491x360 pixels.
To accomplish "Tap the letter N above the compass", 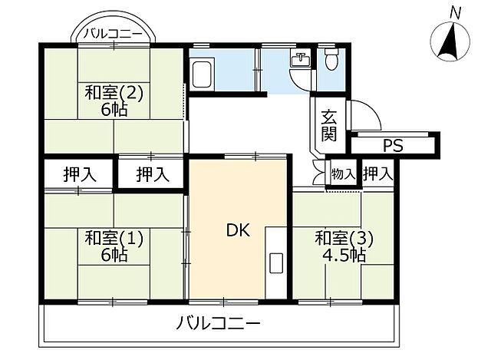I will pyautogui.click(x=455, y=12).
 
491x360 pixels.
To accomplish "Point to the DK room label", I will pyautogui.click(x=237, y=230).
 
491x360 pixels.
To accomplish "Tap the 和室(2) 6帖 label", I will pyautogui.click(x=114, y=101).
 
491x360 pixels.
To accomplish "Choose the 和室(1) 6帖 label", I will pyautogui.click(x=114, y=246).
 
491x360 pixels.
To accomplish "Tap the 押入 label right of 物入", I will pyautogui.click(x=377, y=174).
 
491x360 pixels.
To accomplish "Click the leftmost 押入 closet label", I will pyautogui.click(x=80, y=174).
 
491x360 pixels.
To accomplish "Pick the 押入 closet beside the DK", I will pyautogui.click(x=152, y=174).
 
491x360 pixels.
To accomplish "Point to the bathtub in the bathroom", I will pyautogui.click(x=203, y=75).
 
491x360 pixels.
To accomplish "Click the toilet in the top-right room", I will pyautogui.click(x=331, y=59).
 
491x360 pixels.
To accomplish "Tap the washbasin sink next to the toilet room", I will pyautogui.click(x=300, y=62).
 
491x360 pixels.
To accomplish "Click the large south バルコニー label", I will pyautogui.click(x=221, y=323).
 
